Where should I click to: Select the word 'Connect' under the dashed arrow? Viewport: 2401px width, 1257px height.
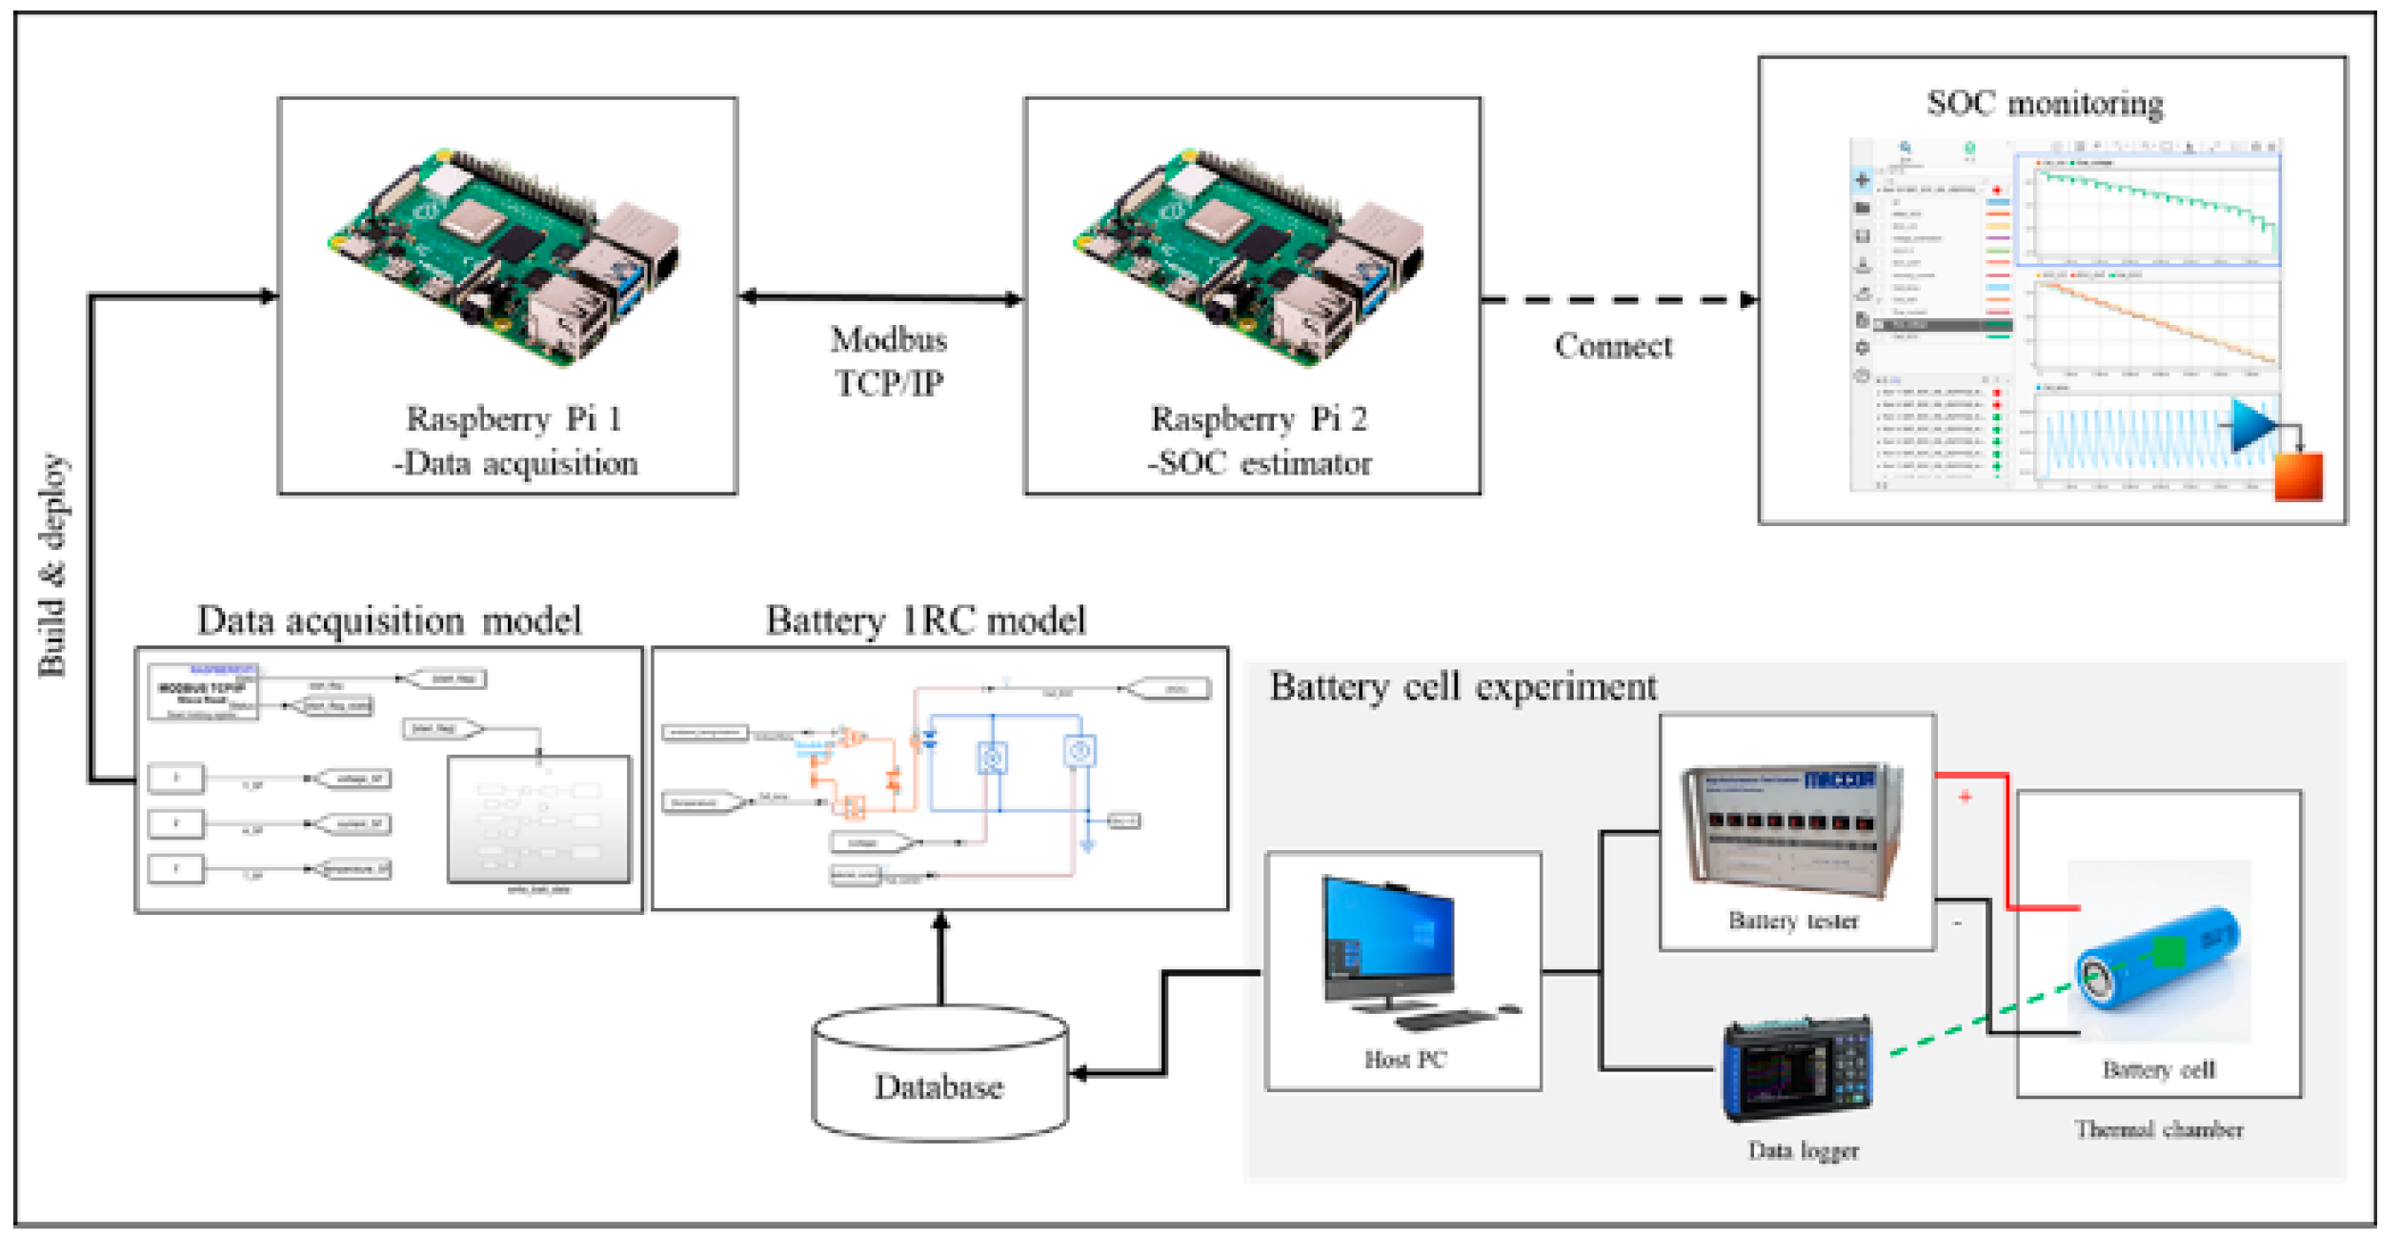pos(1613,347)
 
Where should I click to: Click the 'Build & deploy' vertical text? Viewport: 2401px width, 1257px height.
pos(53,565)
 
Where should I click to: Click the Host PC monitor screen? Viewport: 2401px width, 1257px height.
pos(1389,938)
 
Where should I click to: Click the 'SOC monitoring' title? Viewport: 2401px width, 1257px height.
pos(2045,104)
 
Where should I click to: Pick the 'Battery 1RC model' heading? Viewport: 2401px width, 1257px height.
pos(925,621)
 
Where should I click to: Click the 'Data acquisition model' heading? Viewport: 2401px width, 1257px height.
pos(389,621)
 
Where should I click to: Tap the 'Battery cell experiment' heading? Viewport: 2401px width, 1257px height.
pos(1463,687)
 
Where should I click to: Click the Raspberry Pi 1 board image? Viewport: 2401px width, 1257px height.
pos(504,257)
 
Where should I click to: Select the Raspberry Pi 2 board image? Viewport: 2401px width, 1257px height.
pos(1249,257)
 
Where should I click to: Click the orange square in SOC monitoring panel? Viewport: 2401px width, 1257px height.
pos(2298,477)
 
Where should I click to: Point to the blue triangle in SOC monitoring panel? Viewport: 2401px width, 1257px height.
pos(2250,425)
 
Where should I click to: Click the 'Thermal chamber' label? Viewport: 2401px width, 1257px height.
pos(2159,1130)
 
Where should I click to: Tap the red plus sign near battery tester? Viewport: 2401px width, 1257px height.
pos(1966,797)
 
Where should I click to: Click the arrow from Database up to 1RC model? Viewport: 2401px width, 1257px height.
pos(941,958)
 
